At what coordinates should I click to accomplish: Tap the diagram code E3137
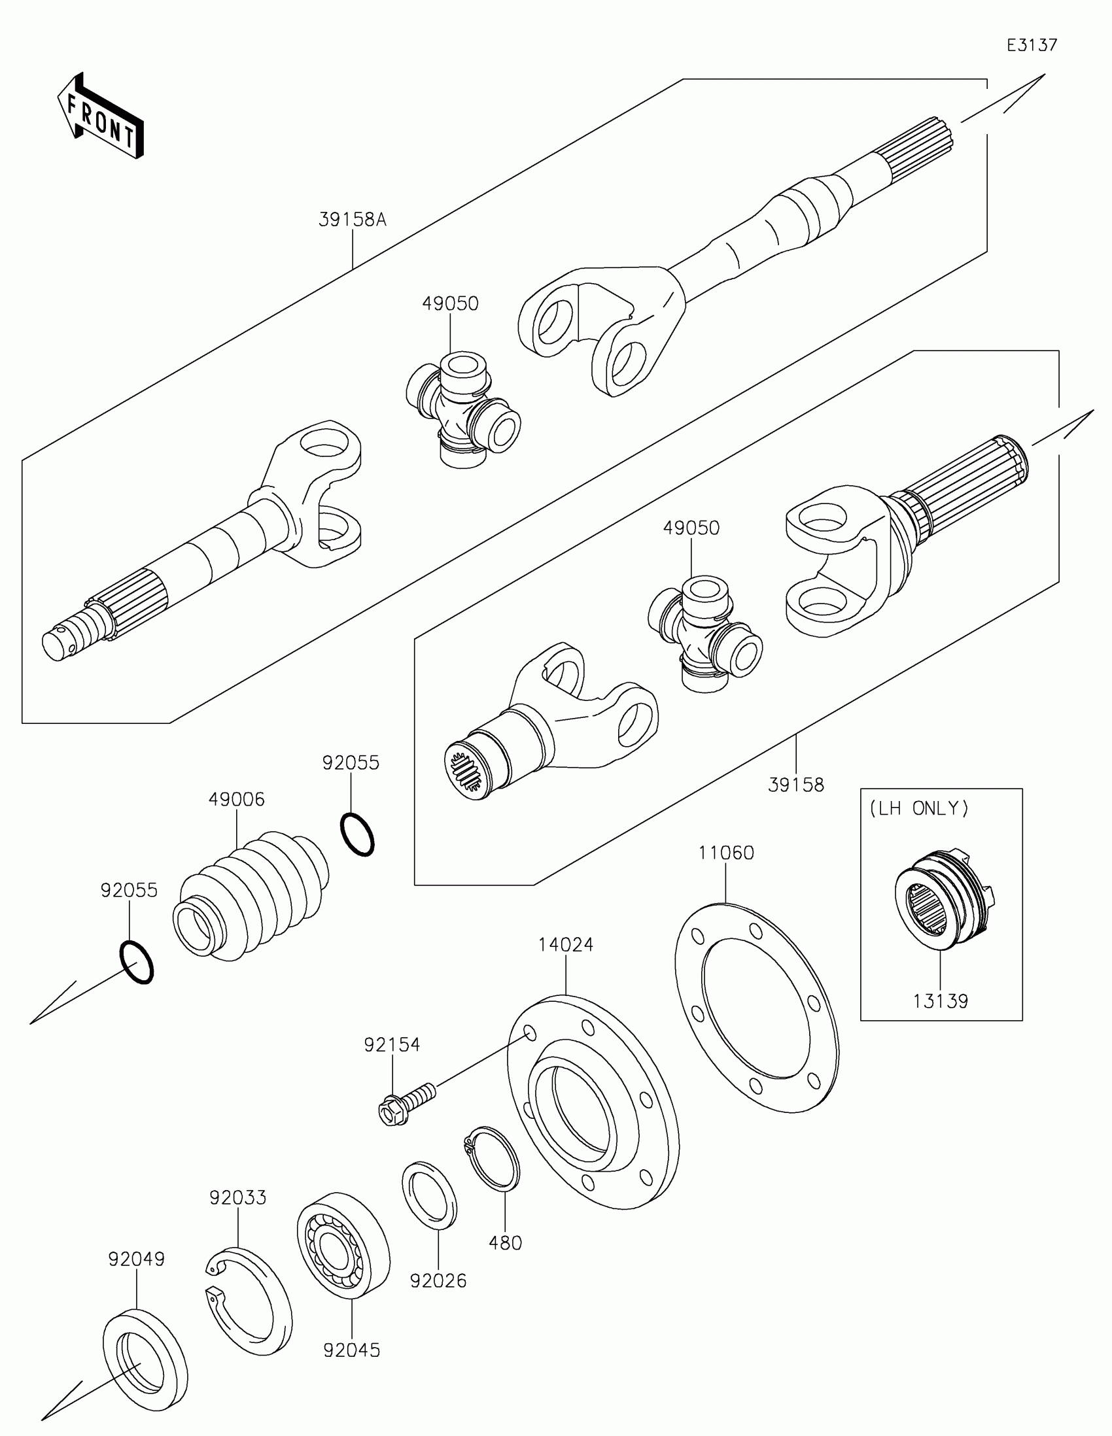(x=1032, y=44)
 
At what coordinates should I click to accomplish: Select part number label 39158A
(x=353, y=220)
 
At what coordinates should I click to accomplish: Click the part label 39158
(x=795, y=785)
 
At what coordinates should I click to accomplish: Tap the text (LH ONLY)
(x=918, y=808)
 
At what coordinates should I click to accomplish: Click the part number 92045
(x=352, y=1350)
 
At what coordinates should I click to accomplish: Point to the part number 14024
(x=566, y=944)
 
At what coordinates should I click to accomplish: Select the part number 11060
(x=726, y=853)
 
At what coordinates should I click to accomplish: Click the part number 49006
(x=237, y=800)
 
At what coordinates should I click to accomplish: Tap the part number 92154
(x=392, y=1045)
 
